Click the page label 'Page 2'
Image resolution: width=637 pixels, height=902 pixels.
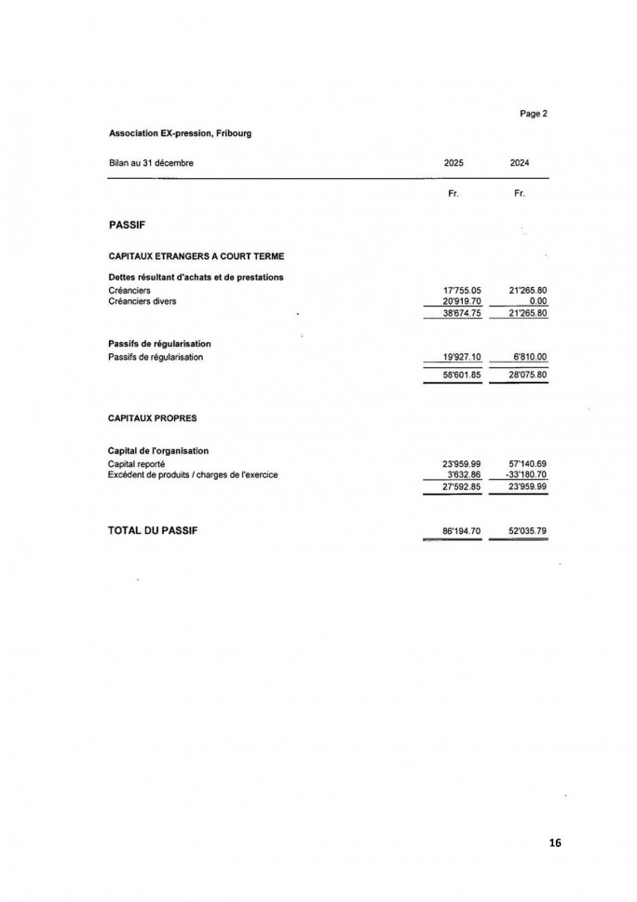[533, 114]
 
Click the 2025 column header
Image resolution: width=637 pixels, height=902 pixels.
[454, 163]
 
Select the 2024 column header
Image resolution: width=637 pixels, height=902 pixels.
[520, 163]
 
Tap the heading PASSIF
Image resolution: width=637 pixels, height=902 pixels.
[127, 225]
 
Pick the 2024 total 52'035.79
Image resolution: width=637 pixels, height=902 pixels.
[527, 530]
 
